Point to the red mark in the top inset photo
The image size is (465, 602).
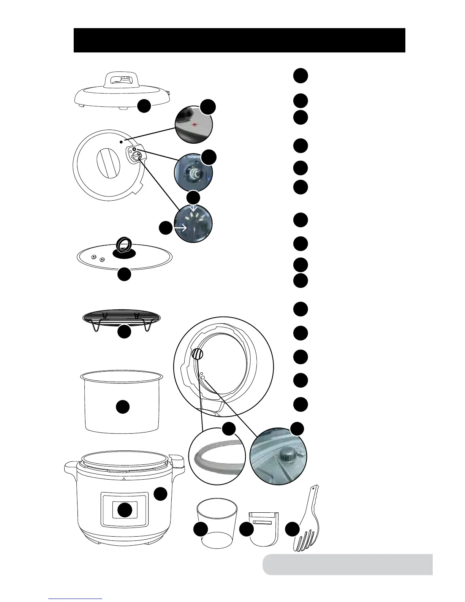click(x=195, y=125)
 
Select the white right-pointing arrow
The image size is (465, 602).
click(x=180, y=228)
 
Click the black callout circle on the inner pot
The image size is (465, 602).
click(x=123, y=407)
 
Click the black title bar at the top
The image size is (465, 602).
click(x=239, y=40)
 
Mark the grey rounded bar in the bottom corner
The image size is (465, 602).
click(x=347, y=564)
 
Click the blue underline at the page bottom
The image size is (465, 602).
click(x=75, y=599)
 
